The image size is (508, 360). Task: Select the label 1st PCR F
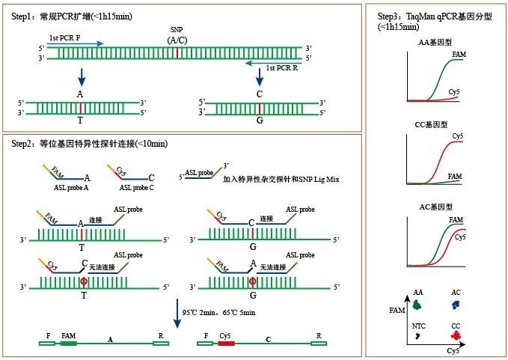tap(65, 37)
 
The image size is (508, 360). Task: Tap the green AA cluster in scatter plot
tap(417, 304)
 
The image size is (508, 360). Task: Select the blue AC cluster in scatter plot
tap(456, 305)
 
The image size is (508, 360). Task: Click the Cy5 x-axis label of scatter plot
tap(453, 350)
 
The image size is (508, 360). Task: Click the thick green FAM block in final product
tap(69, 344)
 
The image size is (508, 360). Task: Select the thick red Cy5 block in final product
tap(226, 344)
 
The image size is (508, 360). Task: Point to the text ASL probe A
tap(72, 188)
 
